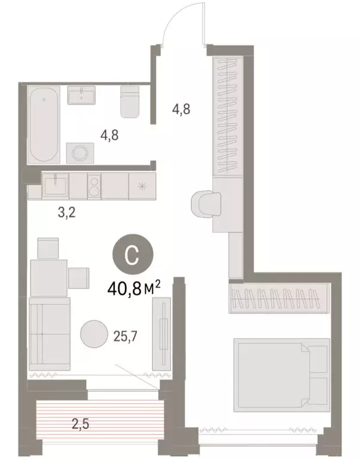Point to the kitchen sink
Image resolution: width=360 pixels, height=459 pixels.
[54, 186]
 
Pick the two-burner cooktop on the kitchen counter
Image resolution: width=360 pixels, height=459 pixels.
[94, 186]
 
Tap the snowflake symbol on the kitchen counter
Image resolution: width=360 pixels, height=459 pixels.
[142, 186]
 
